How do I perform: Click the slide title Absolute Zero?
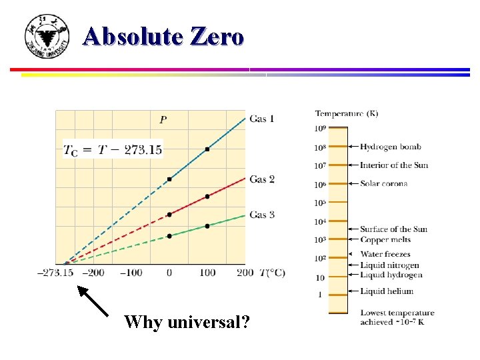click(164, 36)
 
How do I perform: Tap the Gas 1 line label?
click(262, 119)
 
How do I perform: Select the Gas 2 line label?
click(262, 179)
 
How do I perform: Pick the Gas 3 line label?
click(262, 215)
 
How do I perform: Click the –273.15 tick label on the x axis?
click(57, 273)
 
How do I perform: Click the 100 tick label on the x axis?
click(207, 273)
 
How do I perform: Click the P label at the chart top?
click(163, 120)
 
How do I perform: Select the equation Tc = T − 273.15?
click(113, 150)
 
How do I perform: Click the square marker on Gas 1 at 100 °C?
click(207, 149)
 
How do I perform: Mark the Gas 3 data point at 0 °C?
click(169, 236)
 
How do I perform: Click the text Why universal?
click(187, 323)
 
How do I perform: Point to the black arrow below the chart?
click(93, 301)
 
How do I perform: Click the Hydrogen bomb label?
click(390, 147)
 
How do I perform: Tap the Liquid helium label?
click(387, 291)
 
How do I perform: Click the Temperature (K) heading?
click(346, 113)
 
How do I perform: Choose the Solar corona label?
click(383, 184)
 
